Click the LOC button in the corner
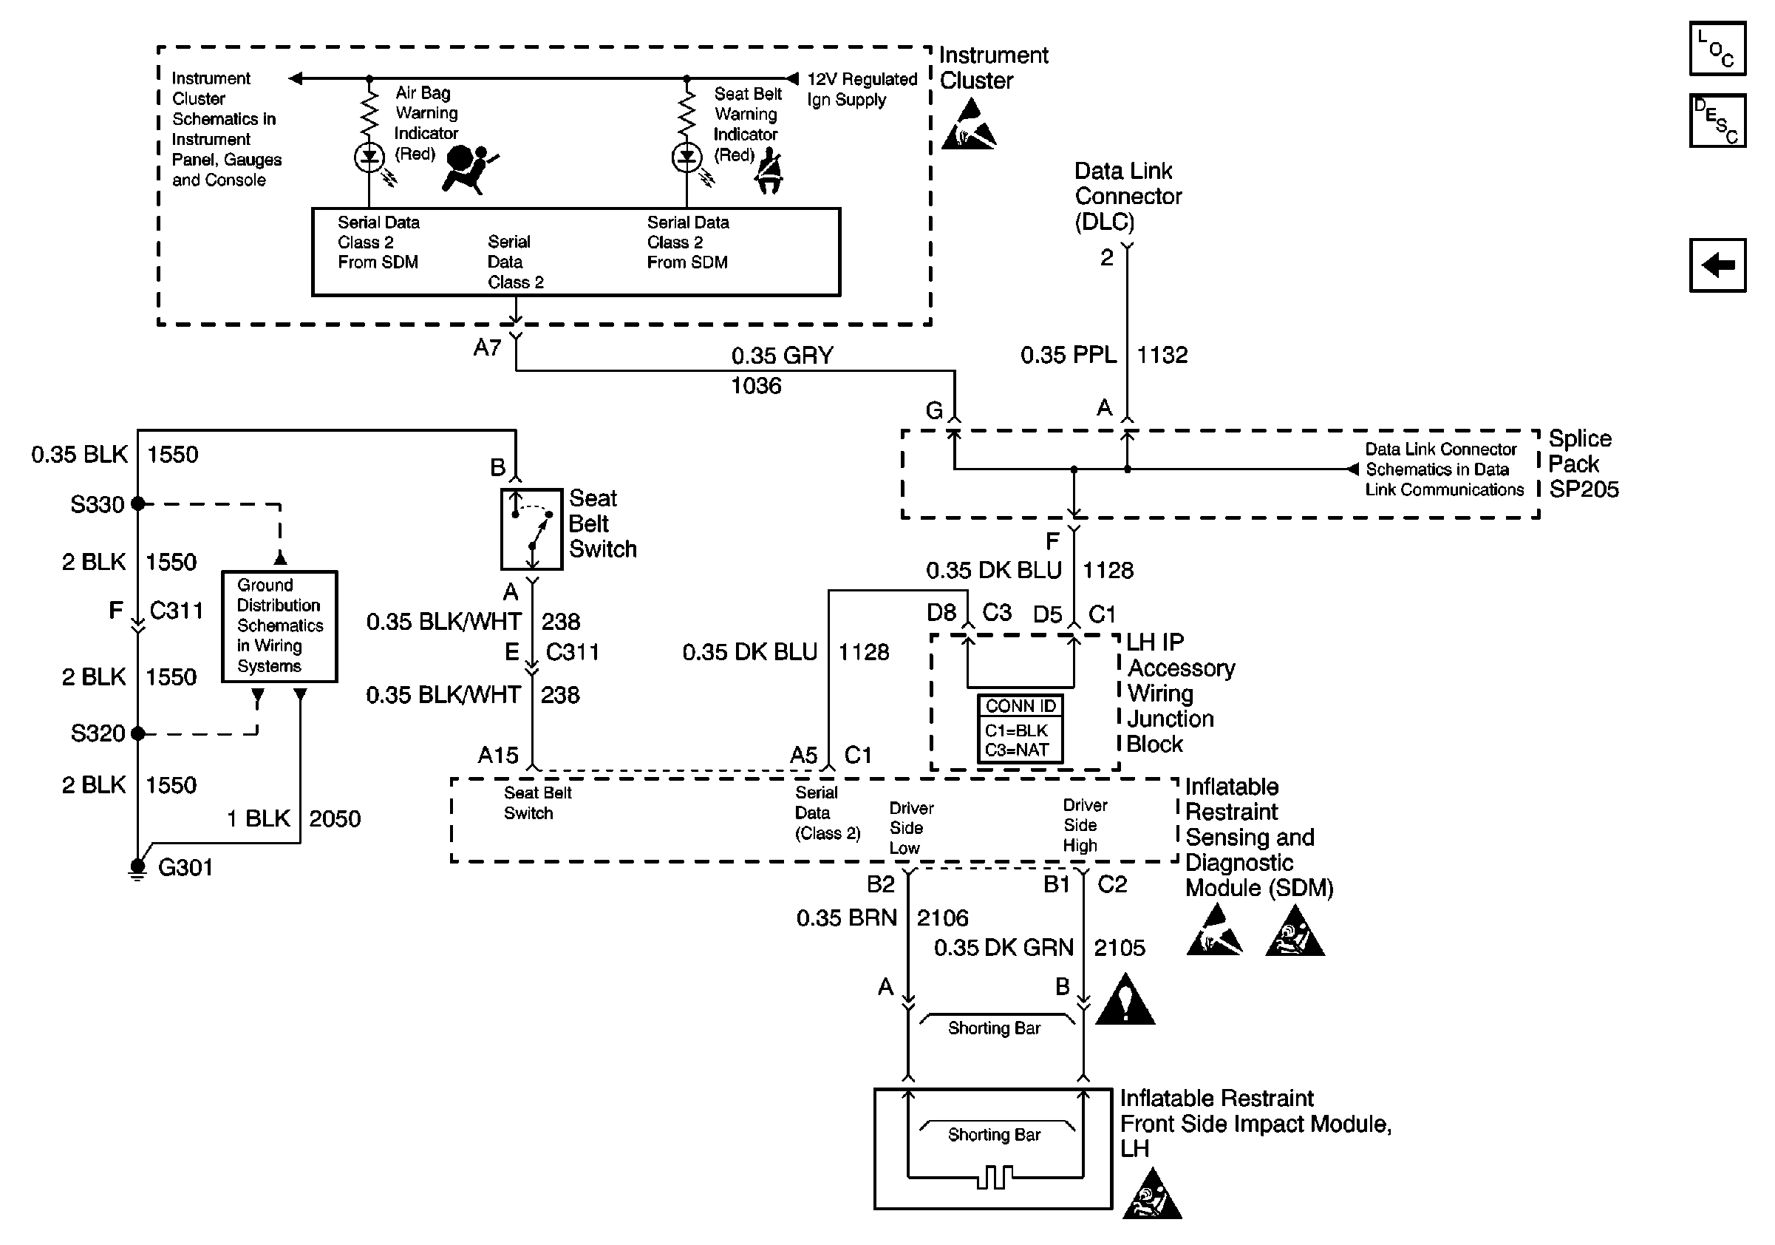[1717, 49]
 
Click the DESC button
[1717, 121]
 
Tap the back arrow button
[1717, 265]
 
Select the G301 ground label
[185, 868]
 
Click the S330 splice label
[98, 505]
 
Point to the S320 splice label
[98, 733]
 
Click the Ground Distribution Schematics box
[279, 626]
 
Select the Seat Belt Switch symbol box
[532, 529]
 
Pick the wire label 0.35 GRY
[783, 356]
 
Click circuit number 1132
[1162, 355]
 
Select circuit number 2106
[942, 918]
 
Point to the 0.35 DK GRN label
[1004, 948]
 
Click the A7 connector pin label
[488, 348]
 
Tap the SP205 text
[1584, 489]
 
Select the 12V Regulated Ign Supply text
[861, 89]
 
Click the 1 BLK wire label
[258, 819]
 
